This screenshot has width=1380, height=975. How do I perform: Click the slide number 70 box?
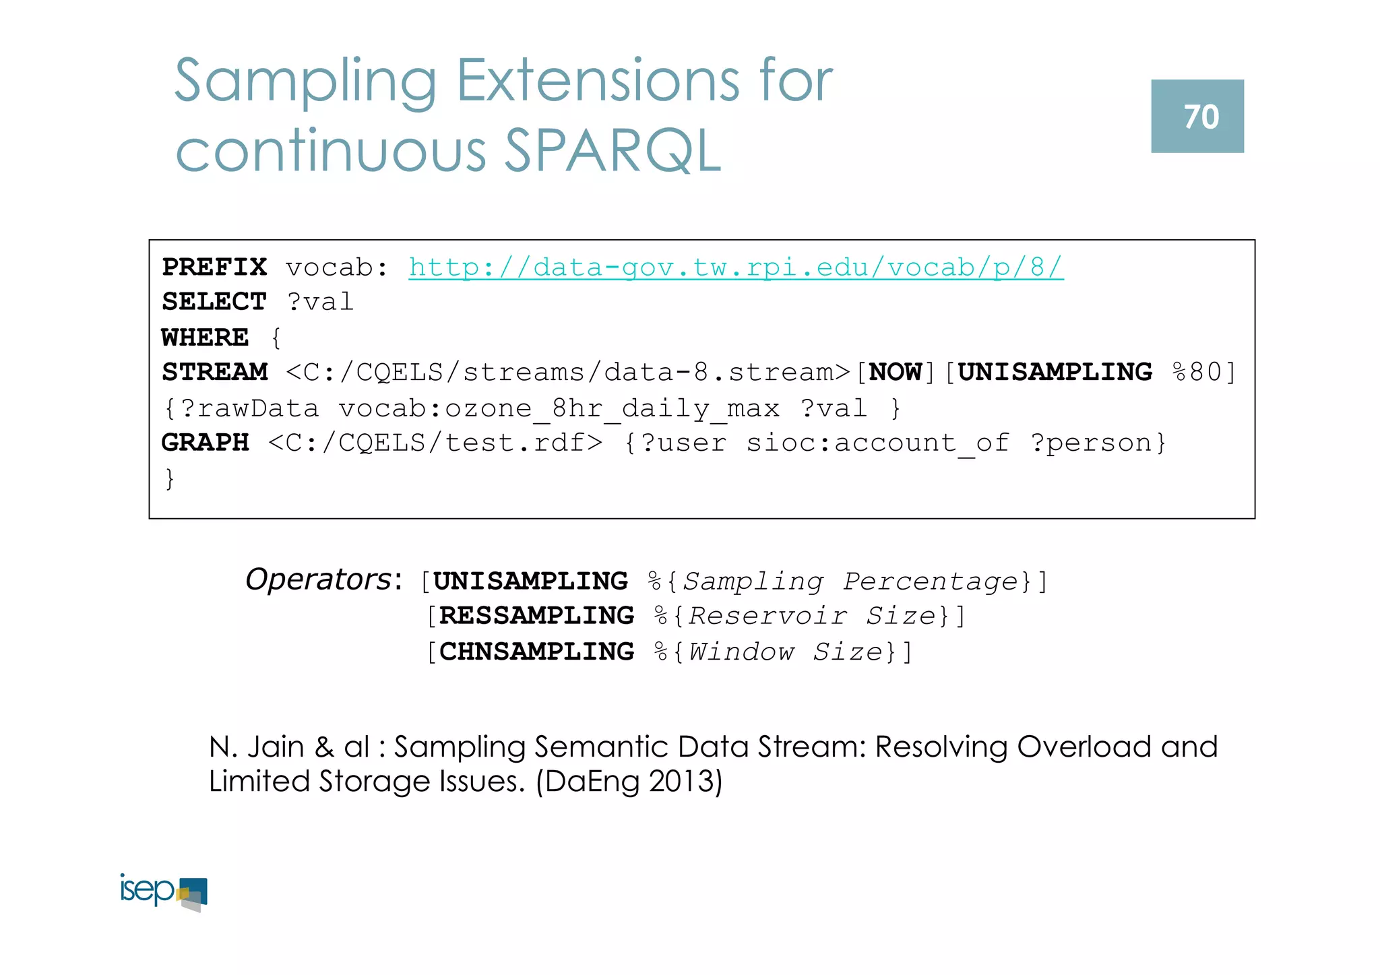[1197, 116]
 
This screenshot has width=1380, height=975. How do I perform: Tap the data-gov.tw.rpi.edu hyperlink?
[736, 268]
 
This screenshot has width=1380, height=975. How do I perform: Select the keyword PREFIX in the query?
[214, 268]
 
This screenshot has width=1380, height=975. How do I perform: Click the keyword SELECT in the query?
[214, 302]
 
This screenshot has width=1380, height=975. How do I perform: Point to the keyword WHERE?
[205, 337]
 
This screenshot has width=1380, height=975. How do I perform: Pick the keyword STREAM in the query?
[214, 372]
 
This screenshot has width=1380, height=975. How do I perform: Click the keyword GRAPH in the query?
[205, 443]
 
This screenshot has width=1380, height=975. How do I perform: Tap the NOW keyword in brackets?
[896, 372]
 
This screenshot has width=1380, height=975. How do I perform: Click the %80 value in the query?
[1197, 372]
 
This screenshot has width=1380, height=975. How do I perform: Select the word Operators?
[318, 579]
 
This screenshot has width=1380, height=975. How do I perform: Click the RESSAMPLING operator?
[536, 616]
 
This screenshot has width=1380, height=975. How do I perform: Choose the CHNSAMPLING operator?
[536, 652]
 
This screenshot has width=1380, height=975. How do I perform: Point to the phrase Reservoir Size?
[812, 616]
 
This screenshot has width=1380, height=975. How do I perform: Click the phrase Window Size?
[786, 652]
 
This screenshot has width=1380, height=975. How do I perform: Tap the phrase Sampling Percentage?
[850, 581]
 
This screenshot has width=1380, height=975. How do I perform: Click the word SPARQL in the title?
[613, 151]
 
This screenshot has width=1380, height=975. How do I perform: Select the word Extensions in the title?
[598, 81]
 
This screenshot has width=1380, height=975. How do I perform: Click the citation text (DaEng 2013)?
[629, 782]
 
